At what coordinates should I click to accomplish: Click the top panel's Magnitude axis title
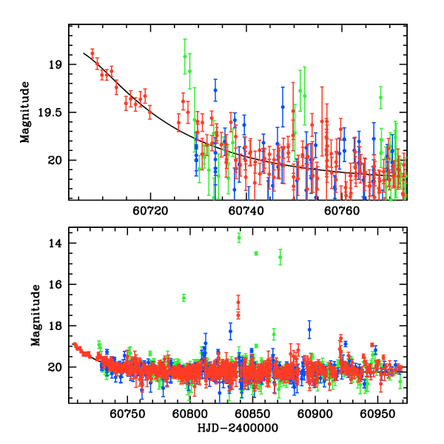25,111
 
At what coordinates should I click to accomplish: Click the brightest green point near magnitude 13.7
239,238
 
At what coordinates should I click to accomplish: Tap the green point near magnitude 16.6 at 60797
184,297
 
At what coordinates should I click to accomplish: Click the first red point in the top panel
92,52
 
